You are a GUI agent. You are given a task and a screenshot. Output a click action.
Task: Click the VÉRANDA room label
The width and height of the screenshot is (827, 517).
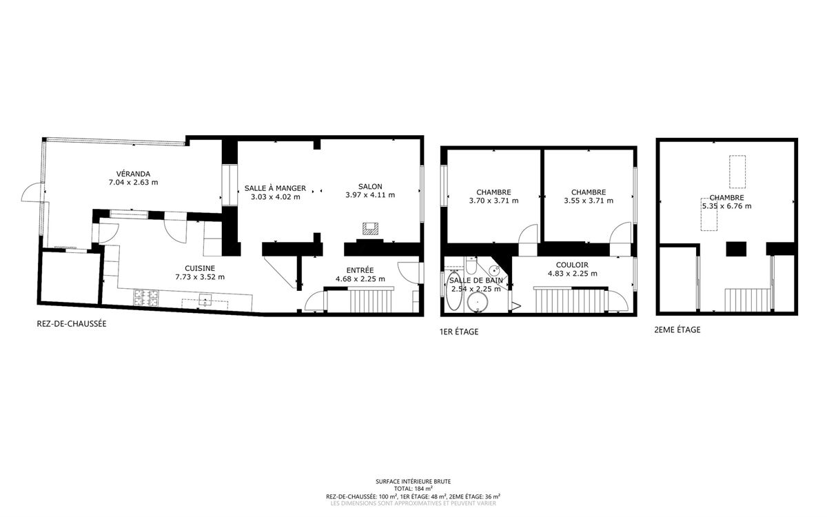tap(133, 174)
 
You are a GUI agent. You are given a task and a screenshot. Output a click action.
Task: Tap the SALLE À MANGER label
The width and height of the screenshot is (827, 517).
tap(275, 188)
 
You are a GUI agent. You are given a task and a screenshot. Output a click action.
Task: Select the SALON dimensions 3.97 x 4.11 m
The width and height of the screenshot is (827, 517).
tap(370, 195)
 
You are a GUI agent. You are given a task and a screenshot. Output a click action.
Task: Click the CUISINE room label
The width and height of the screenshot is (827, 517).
tap(200, 268)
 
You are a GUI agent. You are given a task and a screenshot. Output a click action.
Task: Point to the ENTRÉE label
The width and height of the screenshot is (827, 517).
tap(360, 270)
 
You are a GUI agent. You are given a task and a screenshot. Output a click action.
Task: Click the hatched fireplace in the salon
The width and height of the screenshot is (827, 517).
tap(370, 229)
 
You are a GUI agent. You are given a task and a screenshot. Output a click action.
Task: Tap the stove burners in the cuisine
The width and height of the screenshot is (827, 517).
tap(146, 298)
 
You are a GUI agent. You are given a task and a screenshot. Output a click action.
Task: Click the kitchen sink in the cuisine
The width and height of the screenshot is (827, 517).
tap(205, 299)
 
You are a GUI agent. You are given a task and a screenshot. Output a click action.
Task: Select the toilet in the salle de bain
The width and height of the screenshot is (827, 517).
tap(471, 265)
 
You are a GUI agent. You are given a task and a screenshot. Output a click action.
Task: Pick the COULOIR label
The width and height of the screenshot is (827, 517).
tap(572, 265)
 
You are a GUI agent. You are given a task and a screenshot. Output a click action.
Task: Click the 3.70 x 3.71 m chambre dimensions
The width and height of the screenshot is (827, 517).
tap(493, 201)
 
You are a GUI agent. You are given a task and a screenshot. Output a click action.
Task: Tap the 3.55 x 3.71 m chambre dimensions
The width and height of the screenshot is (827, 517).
tap(589, 201)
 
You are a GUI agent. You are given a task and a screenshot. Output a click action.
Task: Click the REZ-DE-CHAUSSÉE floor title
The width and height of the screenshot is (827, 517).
tap(72, 324)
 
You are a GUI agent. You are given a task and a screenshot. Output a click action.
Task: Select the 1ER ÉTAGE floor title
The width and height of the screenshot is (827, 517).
tap(459, 332)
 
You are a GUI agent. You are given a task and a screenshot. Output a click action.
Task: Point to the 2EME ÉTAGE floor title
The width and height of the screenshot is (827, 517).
tap(677, 330)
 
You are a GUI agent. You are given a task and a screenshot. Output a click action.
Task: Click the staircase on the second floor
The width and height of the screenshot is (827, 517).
tap(748, 301)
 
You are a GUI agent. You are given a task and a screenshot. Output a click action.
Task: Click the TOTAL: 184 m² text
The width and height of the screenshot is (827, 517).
tap(413, 488)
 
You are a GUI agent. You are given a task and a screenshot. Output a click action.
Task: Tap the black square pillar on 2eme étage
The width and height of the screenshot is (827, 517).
tap(736, 249)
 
